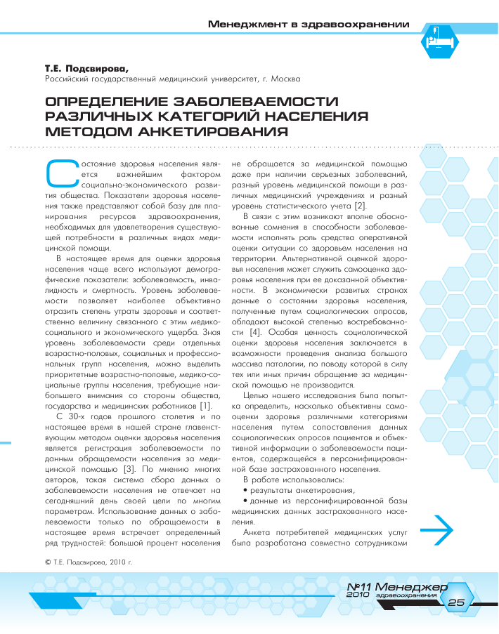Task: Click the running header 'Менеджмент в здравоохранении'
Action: click(x=309, y=25)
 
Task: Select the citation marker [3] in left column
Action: click(x=112, y=467)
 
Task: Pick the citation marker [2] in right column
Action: click(x=359, y=205)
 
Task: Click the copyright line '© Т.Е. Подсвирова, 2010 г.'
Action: click(x=89, y=562)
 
